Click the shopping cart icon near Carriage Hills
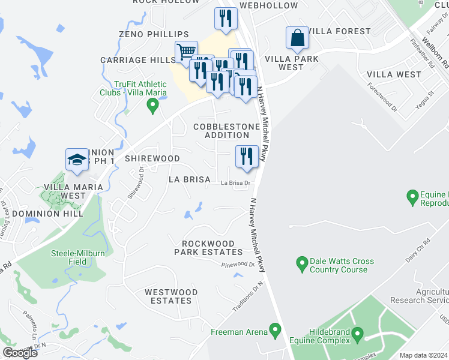click(187, 52)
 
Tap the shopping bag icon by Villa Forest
click(297, 38)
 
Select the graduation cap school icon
click(77, 160)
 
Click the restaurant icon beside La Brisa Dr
click(247, 157)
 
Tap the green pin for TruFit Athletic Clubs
click(152, 106)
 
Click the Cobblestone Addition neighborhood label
click(226, 131)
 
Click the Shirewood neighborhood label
click(152, 158)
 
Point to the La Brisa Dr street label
click(235, 184)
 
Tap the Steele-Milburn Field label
click(78, 257)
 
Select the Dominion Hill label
click(47, 214)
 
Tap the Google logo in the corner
click(20, 353)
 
